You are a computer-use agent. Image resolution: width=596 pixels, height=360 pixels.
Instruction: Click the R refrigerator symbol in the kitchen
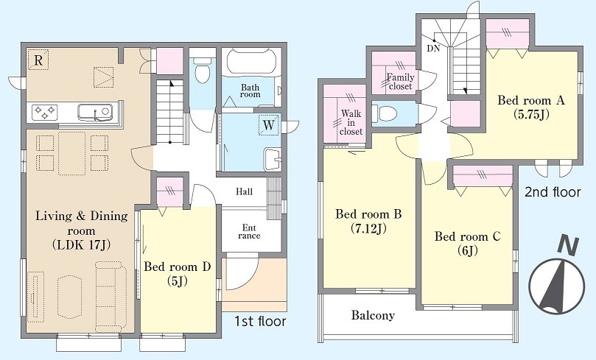click(x=38, y=60)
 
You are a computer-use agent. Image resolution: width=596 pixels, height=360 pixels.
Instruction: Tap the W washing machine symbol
click(x=269, y=125)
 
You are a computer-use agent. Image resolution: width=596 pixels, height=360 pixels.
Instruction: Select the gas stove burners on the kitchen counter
click(x=45, y=112)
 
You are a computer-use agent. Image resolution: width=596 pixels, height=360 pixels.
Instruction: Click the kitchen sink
click(x=95, y=113)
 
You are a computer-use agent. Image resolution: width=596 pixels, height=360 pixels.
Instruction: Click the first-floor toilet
click(x=201, y=70)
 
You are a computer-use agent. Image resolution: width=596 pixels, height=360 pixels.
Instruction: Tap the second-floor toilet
click(x=385, y=113)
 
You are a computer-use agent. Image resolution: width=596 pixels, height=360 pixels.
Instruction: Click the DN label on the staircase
click(x=433, y=49)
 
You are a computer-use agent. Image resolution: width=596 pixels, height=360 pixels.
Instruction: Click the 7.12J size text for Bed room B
click(x=368, y=229)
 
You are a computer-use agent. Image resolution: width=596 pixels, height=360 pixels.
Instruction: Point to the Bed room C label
click(x=468, y=236)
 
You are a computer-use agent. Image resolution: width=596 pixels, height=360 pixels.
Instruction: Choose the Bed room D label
click(x=177, y=267)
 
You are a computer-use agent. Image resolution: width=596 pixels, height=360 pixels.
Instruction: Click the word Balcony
click(x=373, y=315)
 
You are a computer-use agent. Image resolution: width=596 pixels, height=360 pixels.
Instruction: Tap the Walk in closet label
click(x=351, y=122)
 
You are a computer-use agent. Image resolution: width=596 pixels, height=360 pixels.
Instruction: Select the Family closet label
click(x=400, y=82)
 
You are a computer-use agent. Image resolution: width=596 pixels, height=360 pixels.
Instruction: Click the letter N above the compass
click(x=569, y=246)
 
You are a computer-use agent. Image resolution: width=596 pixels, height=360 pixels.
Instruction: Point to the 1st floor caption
click(x=259, y=321)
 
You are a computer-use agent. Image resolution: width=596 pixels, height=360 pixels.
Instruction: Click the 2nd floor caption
click(x=553, y=192)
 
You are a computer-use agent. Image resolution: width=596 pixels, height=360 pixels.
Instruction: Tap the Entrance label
click(x=249, y=232)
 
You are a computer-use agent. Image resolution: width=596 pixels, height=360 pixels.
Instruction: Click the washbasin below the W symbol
click(x=272, y=159)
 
